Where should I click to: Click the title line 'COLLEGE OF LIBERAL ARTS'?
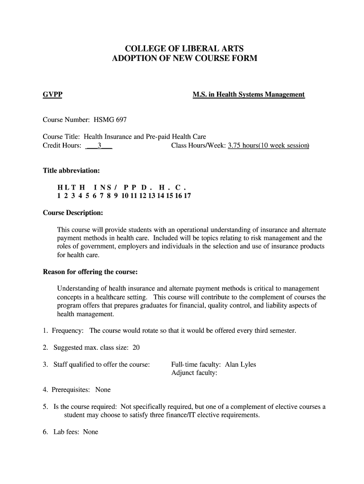pos(184,48)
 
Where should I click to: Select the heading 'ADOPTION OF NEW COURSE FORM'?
pos(184,59)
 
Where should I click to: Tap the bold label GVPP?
pos(52,95)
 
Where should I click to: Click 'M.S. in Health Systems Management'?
pos(249,95)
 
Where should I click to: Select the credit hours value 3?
pos(99,146)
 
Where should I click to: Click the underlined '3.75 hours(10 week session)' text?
pos(268,146)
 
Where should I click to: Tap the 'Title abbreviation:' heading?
pos(71,170)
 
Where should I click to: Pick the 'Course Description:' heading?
pos(73,213)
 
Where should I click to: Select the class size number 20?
pos(136,347)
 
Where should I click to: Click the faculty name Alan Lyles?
pos(240,364)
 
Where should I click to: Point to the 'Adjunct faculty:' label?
pos(194,373)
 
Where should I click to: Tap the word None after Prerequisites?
pos(103,390)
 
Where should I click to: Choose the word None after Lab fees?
pos(90,432)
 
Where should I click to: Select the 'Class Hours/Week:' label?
pos(199,146)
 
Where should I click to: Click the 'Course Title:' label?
pos(62,137)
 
